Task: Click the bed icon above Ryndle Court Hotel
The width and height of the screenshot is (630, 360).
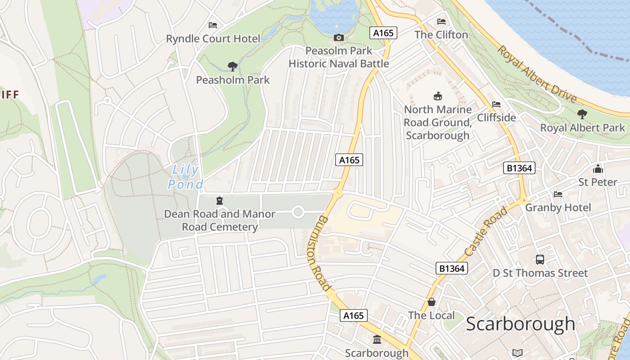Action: point(213,25)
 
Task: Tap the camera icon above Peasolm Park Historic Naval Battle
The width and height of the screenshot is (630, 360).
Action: point(339,37)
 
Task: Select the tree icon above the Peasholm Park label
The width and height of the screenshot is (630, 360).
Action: point(232,67)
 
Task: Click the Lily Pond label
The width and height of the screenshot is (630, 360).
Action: point(185,177)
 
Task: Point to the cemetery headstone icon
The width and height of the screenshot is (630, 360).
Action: point(220,201)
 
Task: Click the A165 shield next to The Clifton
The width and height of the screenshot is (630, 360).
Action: point(383,33)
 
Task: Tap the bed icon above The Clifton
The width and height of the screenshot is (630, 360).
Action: point(441,22)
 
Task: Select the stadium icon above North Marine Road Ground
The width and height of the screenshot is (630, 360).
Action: point(437,96)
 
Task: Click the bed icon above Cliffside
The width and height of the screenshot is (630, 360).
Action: point(496,104)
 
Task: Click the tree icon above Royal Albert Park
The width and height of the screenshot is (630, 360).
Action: point(582,114)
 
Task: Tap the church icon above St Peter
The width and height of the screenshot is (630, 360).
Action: point(598,169)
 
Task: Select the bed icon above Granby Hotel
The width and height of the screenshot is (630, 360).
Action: point(558,194)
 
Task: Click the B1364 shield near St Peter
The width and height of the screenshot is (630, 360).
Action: point(519,168)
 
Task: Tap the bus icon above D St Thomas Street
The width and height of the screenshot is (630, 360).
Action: point(540,260)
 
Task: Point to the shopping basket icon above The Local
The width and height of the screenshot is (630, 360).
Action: point(431,302)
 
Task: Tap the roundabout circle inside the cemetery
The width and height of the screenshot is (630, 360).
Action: point(297,211)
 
